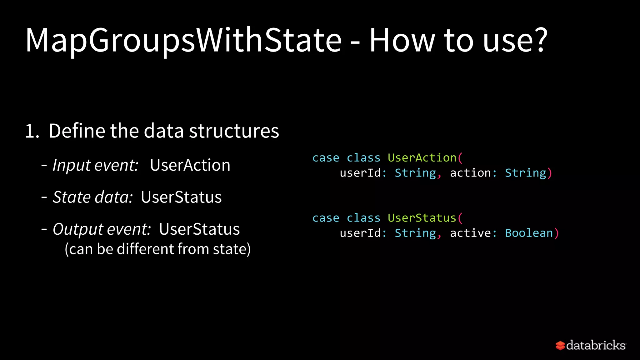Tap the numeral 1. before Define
pos(32,131)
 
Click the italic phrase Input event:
pos(95,165)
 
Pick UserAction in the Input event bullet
pos(190,165)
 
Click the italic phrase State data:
pos(93,197)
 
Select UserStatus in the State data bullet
pos(181,197)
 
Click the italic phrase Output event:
pos(102,229)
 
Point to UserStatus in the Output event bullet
pos(199,229)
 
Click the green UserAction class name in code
pos(422,158)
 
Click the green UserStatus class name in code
pos(422,218)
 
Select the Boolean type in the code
pos(529,233)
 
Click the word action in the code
pos(470,173)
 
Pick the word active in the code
pos(470,233)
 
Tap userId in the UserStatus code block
pos(360,233)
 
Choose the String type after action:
pos(525,173)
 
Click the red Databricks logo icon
pos(560,345)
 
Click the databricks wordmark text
pos(596,345)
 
